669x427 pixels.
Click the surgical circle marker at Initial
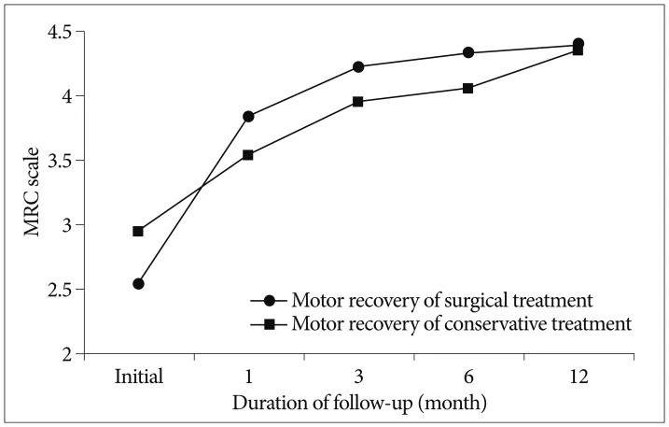pos(138,283)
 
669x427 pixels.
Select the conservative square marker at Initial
pos(138,231)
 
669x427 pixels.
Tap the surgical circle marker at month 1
pos(248,116)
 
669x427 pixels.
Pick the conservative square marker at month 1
pos(248,155)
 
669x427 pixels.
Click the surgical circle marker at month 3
pos(358,66)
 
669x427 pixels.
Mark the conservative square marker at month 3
pos(358,102)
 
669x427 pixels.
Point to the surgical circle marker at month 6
pos(468,52)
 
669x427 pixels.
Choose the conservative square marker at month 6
pos(468,89)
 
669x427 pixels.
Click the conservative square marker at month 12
pos(578,50)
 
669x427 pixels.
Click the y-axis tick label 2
pos(67,354)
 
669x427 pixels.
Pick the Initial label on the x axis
pos(139,377)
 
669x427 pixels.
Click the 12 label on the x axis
pos(578,377)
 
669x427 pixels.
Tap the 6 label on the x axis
pos(468,377)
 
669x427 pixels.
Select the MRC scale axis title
pos(31,192)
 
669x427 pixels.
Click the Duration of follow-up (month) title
pos(359,403)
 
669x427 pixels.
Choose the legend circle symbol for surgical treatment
pos(270,301)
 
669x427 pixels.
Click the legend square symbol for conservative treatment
pos(270,324)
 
